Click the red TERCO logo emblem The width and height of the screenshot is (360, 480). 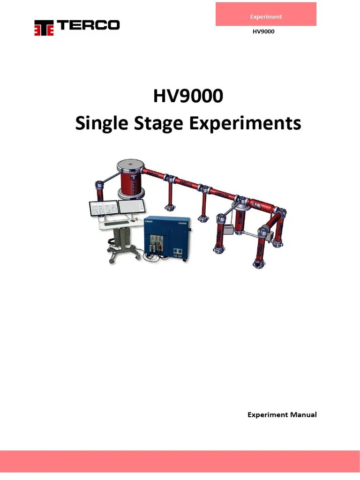[44, 28]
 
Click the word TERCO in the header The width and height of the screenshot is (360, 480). [88, 25]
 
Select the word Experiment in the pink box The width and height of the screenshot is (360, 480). [266, 16]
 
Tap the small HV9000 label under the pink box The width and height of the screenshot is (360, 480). [263, 32]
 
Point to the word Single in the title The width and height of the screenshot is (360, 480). [99, 124]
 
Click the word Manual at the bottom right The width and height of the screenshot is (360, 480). [302, 414]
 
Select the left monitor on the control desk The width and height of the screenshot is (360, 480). [103, 209]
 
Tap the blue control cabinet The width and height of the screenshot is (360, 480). [167, 237]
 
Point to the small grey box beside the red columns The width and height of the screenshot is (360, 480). [229, 229]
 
